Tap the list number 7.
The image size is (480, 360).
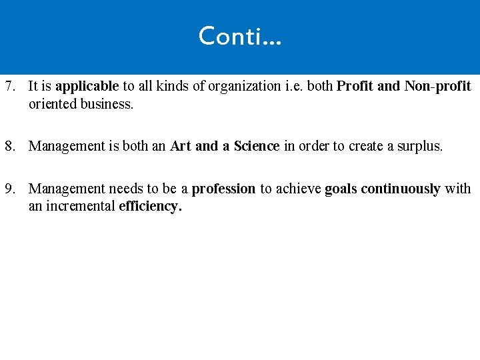click(x=9, y=86)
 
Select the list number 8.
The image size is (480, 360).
click(x=9, y=146)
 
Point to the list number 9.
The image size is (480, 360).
click(x=9, y=189)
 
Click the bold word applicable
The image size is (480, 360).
click(x=87, y=87)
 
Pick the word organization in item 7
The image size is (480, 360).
click(x=244, y=87)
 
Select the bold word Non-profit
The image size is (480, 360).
click(x=437, y=86)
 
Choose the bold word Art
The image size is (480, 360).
click(x=181, y=146)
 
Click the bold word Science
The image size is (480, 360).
click(x=257, y=146)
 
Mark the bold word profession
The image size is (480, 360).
click(x=223, y=189)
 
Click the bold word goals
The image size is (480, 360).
click(x=341, y=189)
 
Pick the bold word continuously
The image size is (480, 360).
click(x=400, y=189)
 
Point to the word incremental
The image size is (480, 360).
click(x=80, y=206)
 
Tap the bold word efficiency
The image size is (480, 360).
click(x=150, y=207)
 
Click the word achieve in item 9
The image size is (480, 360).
click(x=299, y=189)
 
